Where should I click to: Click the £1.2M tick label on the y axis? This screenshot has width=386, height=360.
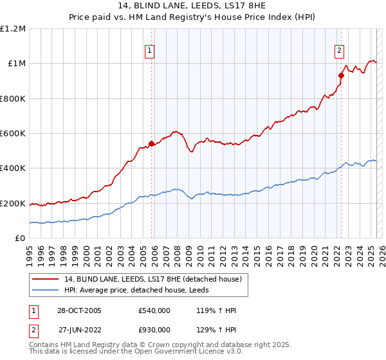(x=13, y=28)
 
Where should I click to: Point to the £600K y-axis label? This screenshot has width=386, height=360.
(x=13, y=134)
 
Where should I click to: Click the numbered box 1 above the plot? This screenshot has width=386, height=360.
(x=149, y=51)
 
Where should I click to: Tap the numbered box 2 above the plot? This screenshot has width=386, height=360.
(x=339, y=51)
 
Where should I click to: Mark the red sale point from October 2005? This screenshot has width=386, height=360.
(x=152, y=143)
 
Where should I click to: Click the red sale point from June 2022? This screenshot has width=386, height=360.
(x=342, y=75)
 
